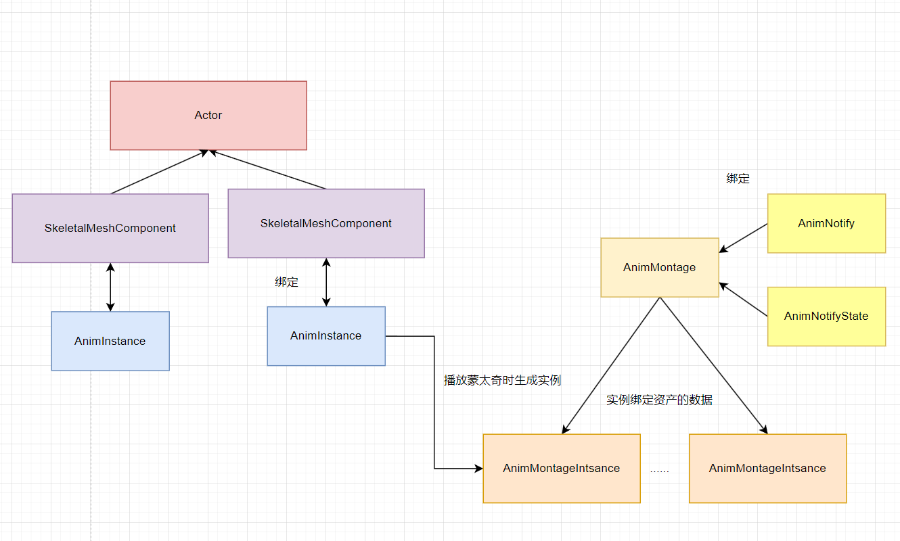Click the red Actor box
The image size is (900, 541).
coord(208,115)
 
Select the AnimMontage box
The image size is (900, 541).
coord(659,267)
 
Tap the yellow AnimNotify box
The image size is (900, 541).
coord(826,223)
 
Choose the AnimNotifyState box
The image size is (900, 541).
coord(826,316)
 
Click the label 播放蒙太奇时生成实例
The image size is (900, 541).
coord(502,380)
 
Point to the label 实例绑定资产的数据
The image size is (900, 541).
coord(659,400)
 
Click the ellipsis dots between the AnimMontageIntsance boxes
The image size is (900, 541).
coord(659,469)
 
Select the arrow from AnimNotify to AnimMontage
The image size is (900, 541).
coord(743,238)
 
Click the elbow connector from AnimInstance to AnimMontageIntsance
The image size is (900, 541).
coord(434,406)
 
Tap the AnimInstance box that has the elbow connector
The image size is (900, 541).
coord(325,335)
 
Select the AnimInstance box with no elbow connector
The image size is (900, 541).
coord(110,341)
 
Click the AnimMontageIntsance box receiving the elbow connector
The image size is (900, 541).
coord(561,468)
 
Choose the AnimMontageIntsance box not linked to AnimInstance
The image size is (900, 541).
coord(767,468)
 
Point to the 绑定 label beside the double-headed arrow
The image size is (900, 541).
coord(286,282)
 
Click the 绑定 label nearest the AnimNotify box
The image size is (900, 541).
coord(738,179)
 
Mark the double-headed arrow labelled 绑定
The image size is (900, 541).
coord(326,282)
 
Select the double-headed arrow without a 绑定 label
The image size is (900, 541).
coord(110,287)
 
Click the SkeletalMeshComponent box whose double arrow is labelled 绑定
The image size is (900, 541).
coord(325,223)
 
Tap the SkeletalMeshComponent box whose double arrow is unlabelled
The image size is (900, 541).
coord(110,228)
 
